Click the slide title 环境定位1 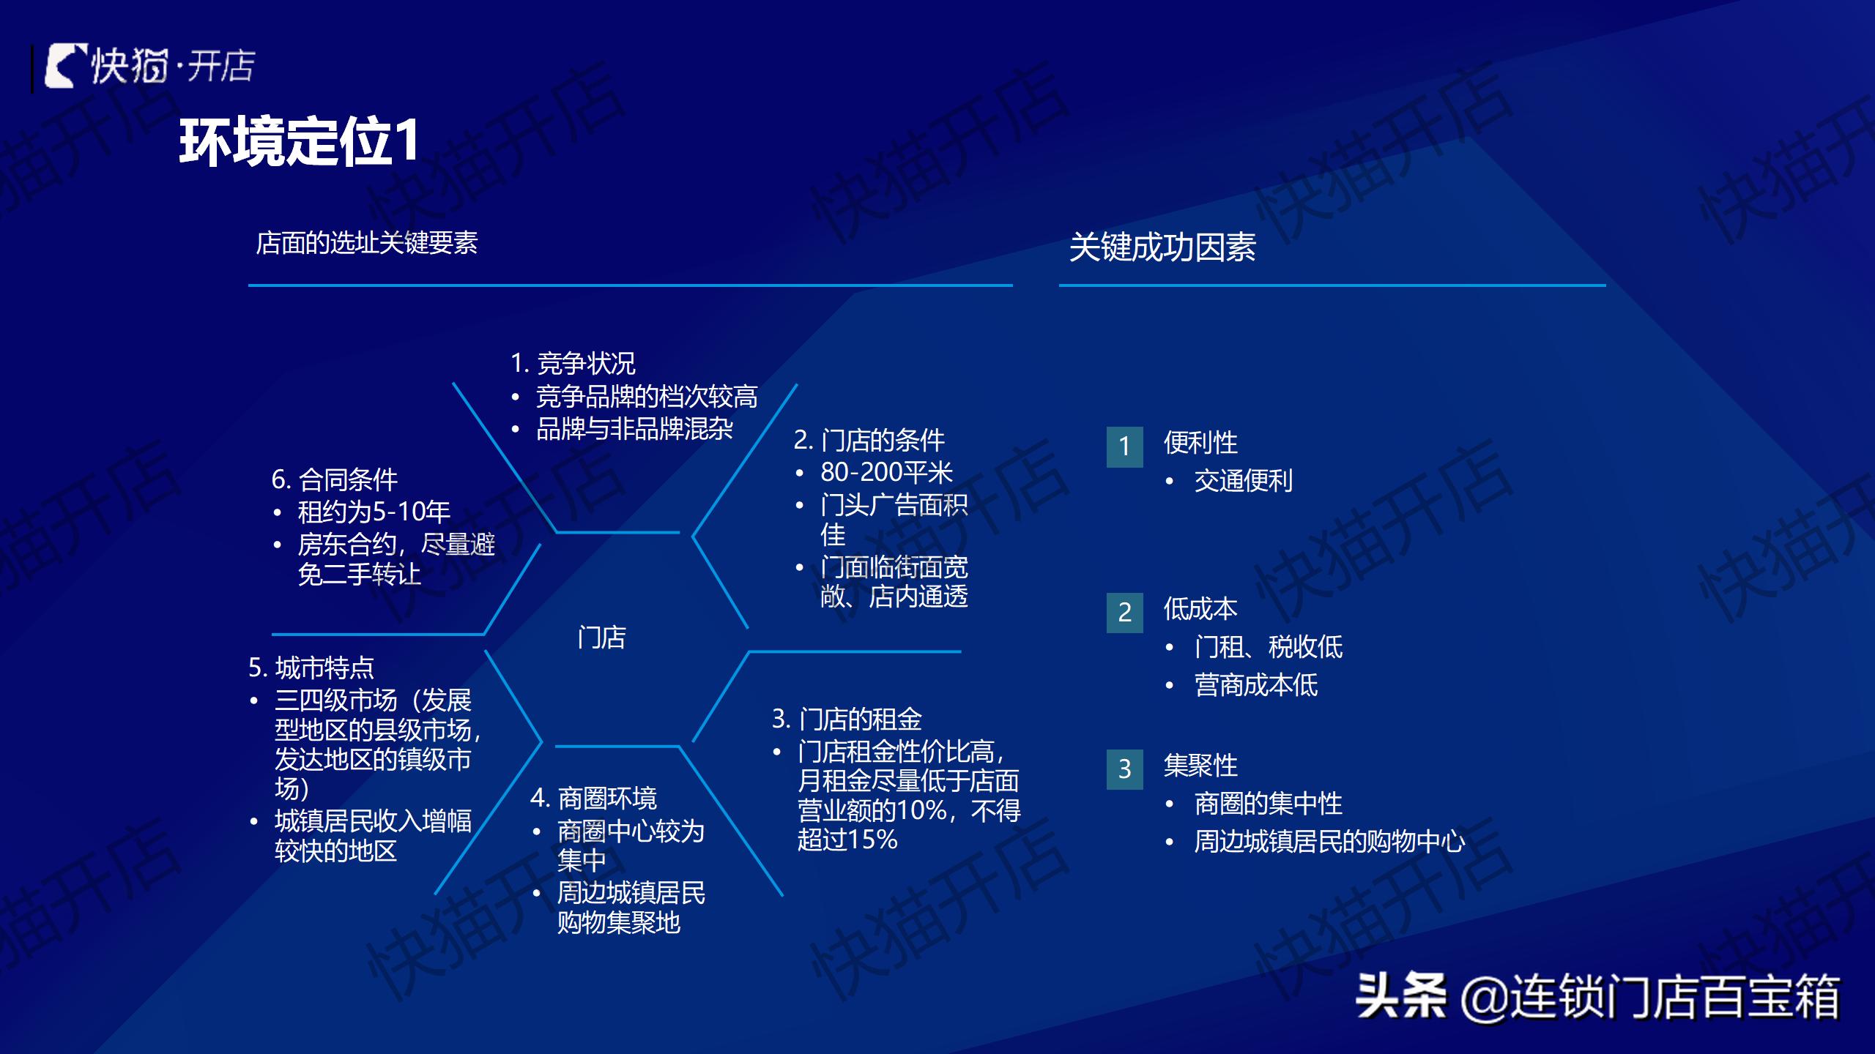pos(299,141)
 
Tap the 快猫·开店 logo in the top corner pos(150,67)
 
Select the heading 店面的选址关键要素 pos(366,243)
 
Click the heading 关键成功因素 pos(1162,247)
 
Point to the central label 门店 pos(601,637)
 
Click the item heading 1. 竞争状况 pos(573,363)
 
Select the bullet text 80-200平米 pos(886,473)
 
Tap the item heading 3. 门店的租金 pos(847,719)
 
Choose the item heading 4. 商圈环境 pos(593,798)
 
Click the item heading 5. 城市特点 pos(311,668)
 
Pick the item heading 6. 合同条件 pos(334,480)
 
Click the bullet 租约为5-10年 pos(374,512)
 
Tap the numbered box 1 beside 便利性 pos(1124,446)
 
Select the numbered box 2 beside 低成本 pos(1124,613)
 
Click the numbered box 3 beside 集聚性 pos(1124,769)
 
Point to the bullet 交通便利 pos(1243,481)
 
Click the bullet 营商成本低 pos(1255,685)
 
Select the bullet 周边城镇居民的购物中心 pos(1329,842)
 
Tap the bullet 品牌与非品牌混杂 pos(634,429)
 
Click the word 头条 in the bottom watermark pos(1400,996)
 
